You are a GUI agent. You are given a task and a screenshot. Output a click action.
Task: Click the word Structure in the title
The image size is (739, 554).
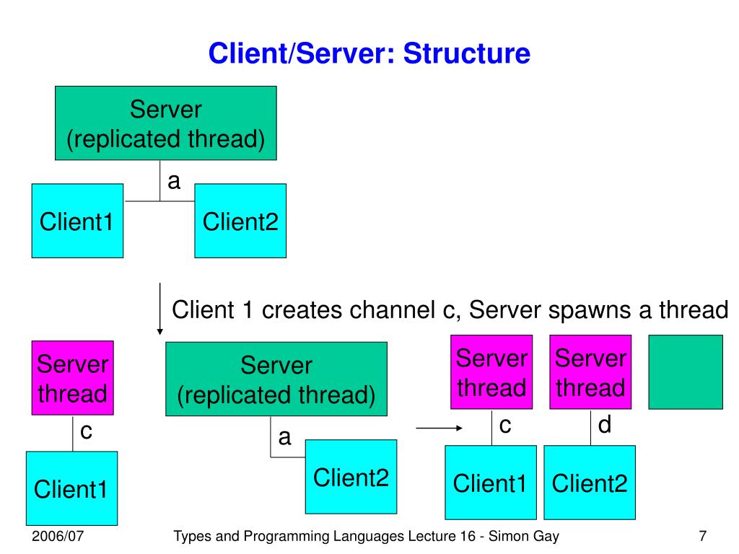[467, 53]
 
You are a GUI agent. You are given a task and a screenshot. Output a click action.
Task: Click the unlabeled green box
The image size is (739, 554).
[686, 372]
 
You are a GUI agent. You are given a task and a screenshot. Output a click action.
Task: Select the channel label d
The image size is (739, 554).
[605, 424]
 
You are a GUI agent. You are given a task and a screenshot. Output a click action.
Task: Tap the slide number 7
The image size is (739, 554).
[703, 536]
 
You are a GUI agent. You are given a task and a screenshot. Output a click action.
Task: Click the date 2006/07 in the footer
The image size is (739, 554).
[58, 536]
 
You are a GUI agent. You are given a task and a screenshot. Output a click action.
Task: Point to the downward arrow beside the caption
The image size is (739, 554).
[160, 309]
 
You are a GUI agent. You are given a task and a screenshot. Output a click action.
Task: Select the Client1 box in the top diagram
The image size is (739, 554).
[77, 221]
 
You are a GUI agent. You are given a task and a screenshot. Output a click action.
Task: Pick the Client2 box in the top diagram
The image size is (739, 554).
[240, 221]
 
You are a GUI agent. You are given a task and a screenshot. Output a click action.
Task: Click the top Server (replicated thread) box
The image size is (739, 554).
[166, 123]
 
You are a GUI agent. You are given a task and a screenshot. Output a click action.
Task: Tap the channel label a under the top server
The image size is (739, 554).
[174, 181]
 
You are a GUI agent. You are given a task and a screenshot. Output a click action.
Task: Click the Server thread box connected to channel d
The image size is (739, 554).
[590, 372]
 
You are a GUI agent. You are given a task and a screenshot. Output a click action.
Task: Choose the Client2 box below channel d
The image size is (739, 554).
[590, 483]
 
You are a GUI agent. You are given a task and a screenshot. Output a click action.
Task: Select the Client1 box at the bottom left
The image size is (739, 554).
[71, 488]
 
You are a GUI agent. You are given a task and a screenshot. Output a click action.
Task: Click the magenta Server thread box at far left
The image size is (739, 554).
[73, 378]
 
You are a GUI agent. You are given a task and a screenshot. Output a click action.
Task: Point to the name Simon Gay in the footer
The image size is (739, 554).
[524, 537]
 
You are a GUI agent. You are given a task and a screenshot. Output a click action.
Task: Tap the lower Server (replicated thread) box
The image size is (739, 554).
[276, 379]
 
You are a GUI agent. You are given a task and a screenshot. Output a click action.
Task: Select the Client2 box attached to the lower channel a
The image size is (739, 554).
[351, 477]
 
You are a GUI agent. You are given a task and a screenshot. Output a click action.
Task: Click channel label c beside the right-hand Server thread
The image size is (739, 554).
[505, 426]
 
